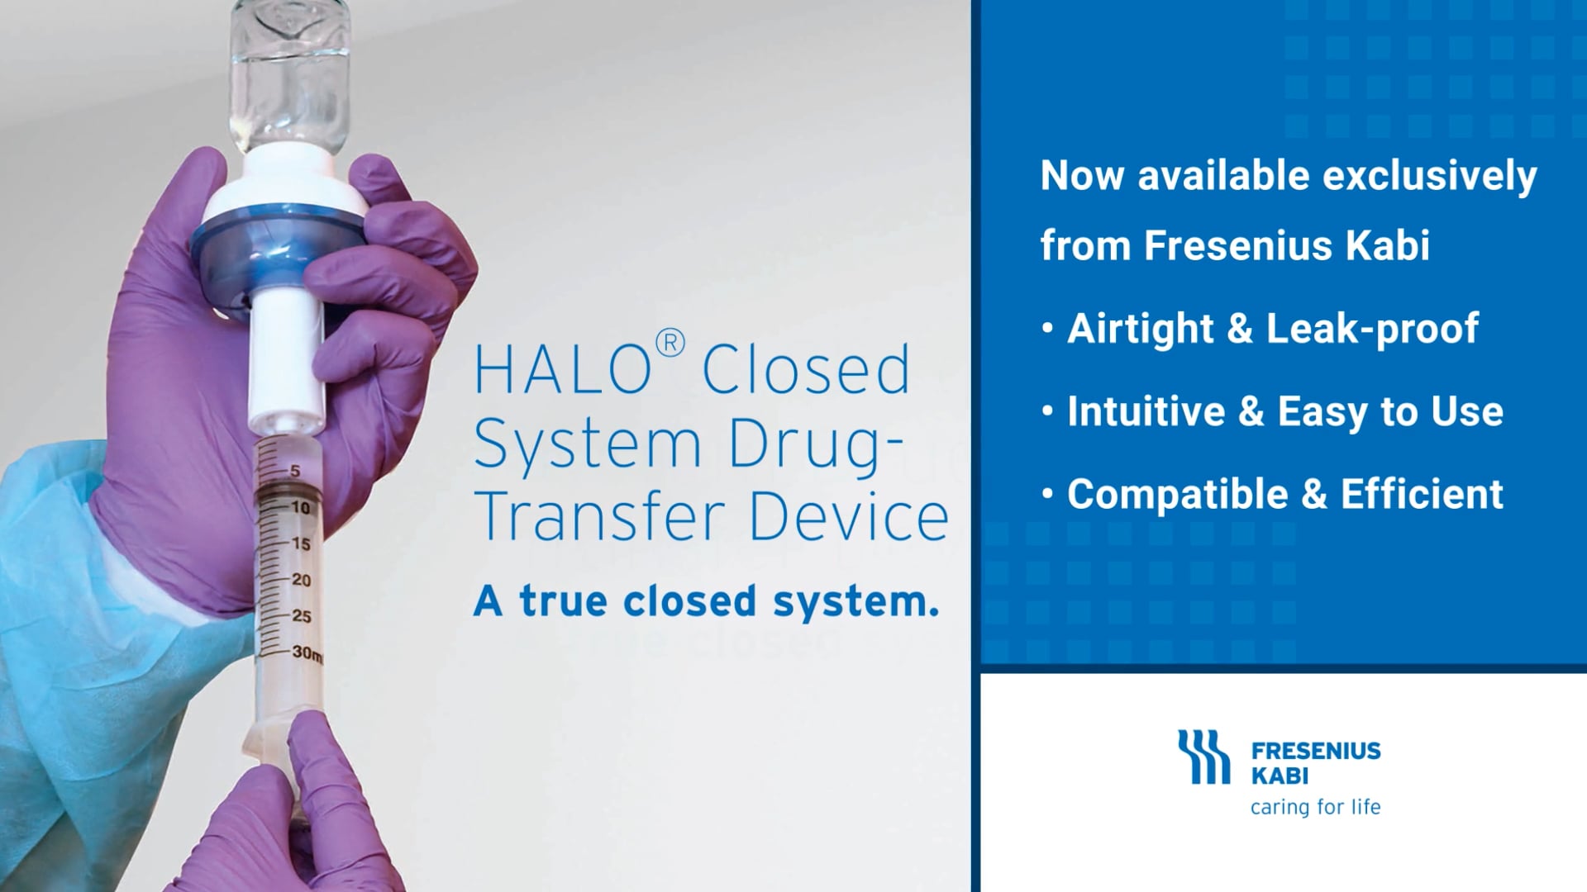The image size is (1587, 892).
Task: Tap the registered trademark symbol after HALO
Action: coord(670,343)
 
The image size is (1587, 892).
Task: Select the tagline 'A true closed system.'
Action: coord(707,601)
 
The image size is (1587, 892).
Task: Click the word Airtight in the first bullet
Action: coord(1140,329)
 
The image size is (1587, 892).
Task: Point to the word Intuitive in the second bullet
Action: coord(1146,411)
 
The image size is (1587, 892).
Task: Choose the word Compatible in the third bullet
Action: coord(1177,494)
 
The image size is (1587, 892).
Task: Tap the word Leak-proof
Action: coord(1372,329)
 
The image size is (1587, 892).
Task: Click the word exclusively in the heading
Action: coord(1429,177)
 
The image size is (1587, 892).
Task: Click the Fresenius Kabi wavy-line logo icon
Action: coord(1203,756)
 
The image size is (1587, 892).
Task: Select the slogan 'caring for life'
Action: coord(1315,807)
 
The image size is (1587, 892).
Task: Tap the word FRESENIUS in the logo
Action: coord(1316,751)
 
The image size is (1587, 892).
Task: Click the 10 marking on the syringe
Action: coord(300,507)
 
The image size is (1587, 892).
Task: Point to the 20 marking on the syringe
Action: coord(301,580)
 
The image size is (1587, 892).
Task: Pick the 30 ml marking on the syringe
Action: coord(306,652)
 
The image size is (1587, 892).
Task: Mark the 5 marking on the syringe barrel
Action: coord(294,471)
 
